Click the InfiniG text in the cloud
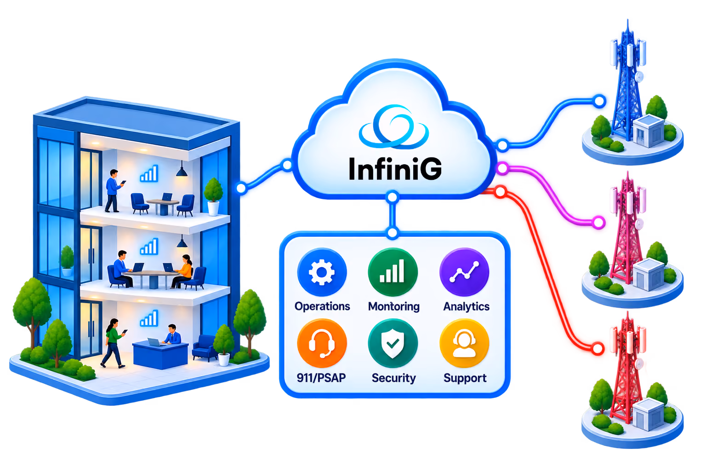(395, 168)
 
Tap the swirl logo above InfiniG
(393, 126)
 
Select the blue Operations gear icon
(322, 272)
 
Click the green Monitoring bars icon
(393, 272)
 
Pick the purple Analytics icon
(464, 272)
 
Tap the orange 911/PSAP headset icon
(322, 343)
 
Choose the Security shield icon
(393, 343)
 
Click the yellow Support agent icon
(464, 343)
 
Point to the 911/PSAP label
(321, 378)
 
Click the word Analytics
(467, 306)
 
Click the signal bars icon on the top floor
(149, 173)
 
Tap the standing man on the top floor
(114, 191)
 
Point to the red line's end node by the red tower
(597, 349)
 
